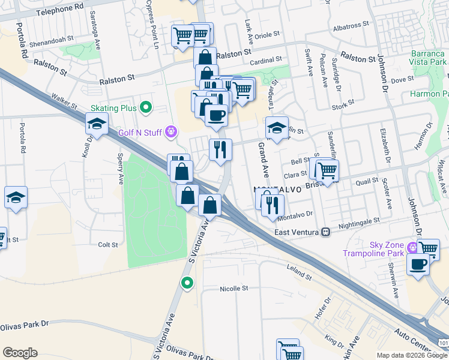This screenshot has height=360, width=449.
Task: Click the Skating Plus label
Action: click(113, 108)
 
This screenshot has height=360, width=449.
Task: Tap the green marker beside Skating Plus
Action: click(145, 108)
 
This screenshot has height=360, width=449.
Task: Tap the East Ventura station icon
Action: click(326, 232)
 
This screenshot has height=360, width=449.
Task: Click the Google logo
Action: click(20, 353)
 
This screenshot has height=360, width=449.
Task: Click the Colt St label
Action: click(107, 245)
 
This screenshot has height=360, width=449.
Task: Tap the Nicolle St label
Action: click(234, 289)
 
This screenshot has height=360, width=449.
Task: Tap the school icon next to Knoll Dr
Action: click(97, 124)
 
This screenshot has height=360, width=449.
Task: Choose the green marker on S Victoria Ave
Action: click(187, 283)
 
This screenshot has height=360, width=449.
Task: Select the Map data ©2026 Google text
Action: click(412, 355)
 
